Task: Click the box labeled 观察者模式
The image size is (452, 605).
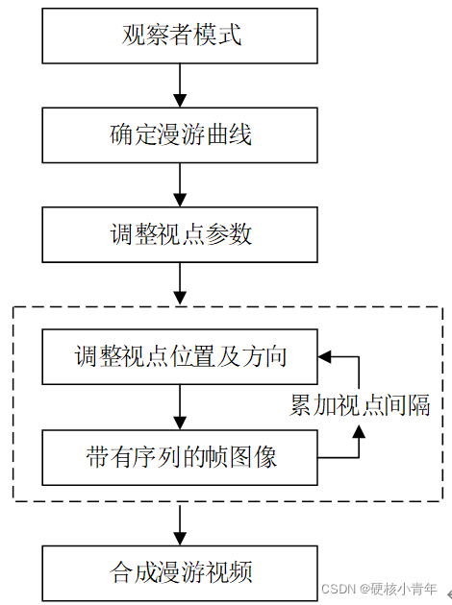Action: pyautogui.click(x=180, y=36)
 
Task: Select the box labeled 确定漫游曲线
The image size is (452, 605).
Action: pyautogui.click(x=180, y=135)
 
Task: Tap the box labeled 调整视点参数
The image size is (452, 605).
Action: pyautogui.click(x=180, y=234)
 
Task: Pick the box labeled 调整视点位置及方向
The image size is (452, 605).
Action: pyautogui.click(x=180, y=357)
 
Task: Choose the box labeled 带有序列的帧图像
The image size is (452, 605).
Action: pyautogui.click(x=180, y=457)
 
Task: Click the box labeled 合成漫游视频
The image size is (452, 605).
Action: pyautogui.click(x=180, y=573)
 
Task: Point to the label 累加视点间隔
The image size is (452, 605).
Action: pyautogui.click(x=360, y=405)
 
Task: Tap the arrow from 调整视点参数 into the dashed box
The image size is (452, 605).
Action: pyautogui.click(x=180, y=283)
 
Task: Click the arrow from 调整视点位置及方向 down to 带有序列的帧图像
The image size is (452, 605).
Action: pyautogui.click(x=180, y=407)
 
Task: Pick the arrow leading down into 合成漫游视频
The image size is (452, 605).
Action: pyautogui.click(x=180, y=524)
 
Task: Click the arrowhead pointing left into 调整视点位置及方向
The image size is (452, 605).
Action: pyautogui.click(x=325, y=357)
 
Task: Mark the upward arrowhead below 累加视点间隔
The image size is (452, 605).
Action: pyautogui.click(x=360, y=434)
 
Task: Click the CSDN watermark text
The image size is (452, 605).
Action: pyautogui.click(x=379, y=589)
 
